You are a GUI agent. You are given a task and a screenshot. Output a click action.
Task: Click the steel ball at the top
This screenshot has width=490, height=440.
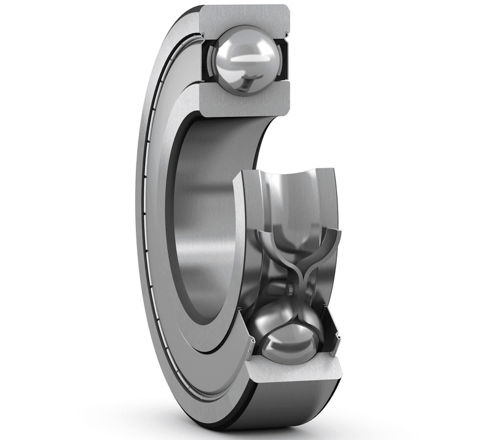243,60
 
